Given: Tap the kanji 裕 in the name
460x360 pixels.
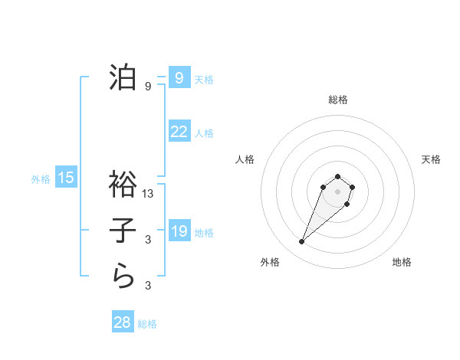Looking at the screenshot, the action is pyautogui.click(x=123, y=185).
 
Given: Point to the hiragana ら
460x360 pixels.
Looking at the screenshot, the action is pyautogui.click(x=123, y=275).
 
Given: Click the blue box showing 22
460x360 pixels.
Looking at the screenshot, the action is pyautogui.click(x=179, y=132).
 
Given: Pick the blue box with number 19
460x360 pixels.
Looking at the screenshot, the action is pyautogui.click(x=179, y=231).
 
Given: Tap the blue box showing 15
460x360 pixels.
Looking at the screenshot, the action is pyautogui.click(x=66, y=178).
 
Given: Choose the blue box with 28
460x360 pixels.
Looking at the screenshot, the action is pyautogui.click(x=123, y=322).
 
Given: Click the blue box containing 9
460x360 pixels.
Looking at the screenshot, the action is pyautogui.click(x=179, y=78).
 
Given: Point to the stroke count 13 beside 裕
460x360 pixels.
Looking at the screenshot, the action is pyautogui.click(x=149, y=194).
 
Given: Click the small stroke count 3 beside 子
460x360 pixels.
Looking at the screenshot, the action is pyautogui.click(x=148, y=240).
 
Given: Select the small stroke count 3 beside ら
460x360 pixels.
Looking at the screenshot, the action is pyautogui.click(x=148, y=286).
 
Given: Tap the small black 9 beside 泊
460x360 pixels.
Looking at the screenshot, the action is pyautogui.click(x=148, y=87).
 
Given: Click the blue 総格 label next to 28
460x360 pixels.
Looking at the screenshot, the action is pyautogui.click(x=147, y=324).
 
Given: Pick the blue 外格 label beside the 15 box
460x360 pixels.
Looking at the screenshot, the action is pyautogui.click(x=41, y=179).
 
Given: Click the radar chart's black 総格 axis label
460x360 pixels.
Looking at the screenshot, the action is pyautogui.click(x=337, y=100).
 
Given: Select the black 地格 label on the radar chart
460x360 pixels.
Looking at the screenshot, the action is pyautogui.click(x=402, y=262).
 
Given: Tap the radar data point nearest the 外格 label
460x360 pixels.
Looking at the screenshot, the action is pyautogui.click(x=301, y=242).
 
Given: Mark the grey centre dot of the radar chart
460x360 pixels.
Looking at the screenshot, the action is pyautogui.click(x=337, y=191).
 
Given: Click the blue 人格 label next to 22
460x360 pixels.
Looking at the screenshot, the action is pyautogui.click(x=204, y=133).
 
